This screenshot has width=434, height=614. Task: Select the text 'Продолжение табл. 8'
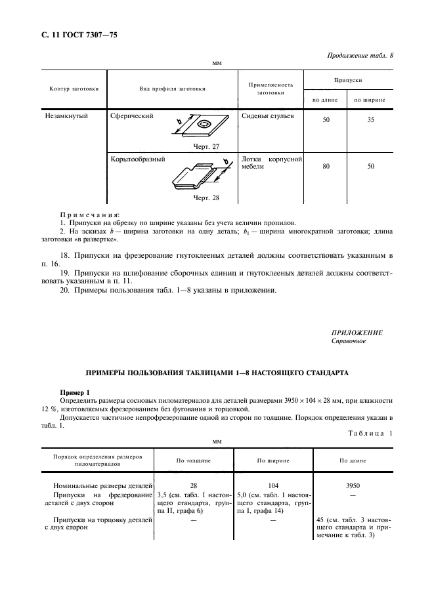coord(360,56)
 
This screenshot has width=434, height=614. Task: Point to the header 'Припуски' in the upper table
coord(348,79)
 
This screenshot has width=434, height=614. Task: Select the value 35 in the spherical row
coord(370,121)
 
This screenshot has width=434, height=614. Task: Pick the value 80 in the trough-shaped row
coord(326,167)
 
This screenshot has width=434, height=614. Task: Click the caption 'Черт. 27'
coord(206,146)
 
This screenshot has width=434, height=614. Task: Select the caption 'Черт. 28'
coord(206,197)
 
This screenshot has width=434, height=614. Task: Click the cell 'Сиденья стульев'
coord(268,115)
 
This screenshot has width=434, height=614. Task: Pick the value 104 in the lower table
coord(273,485)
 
